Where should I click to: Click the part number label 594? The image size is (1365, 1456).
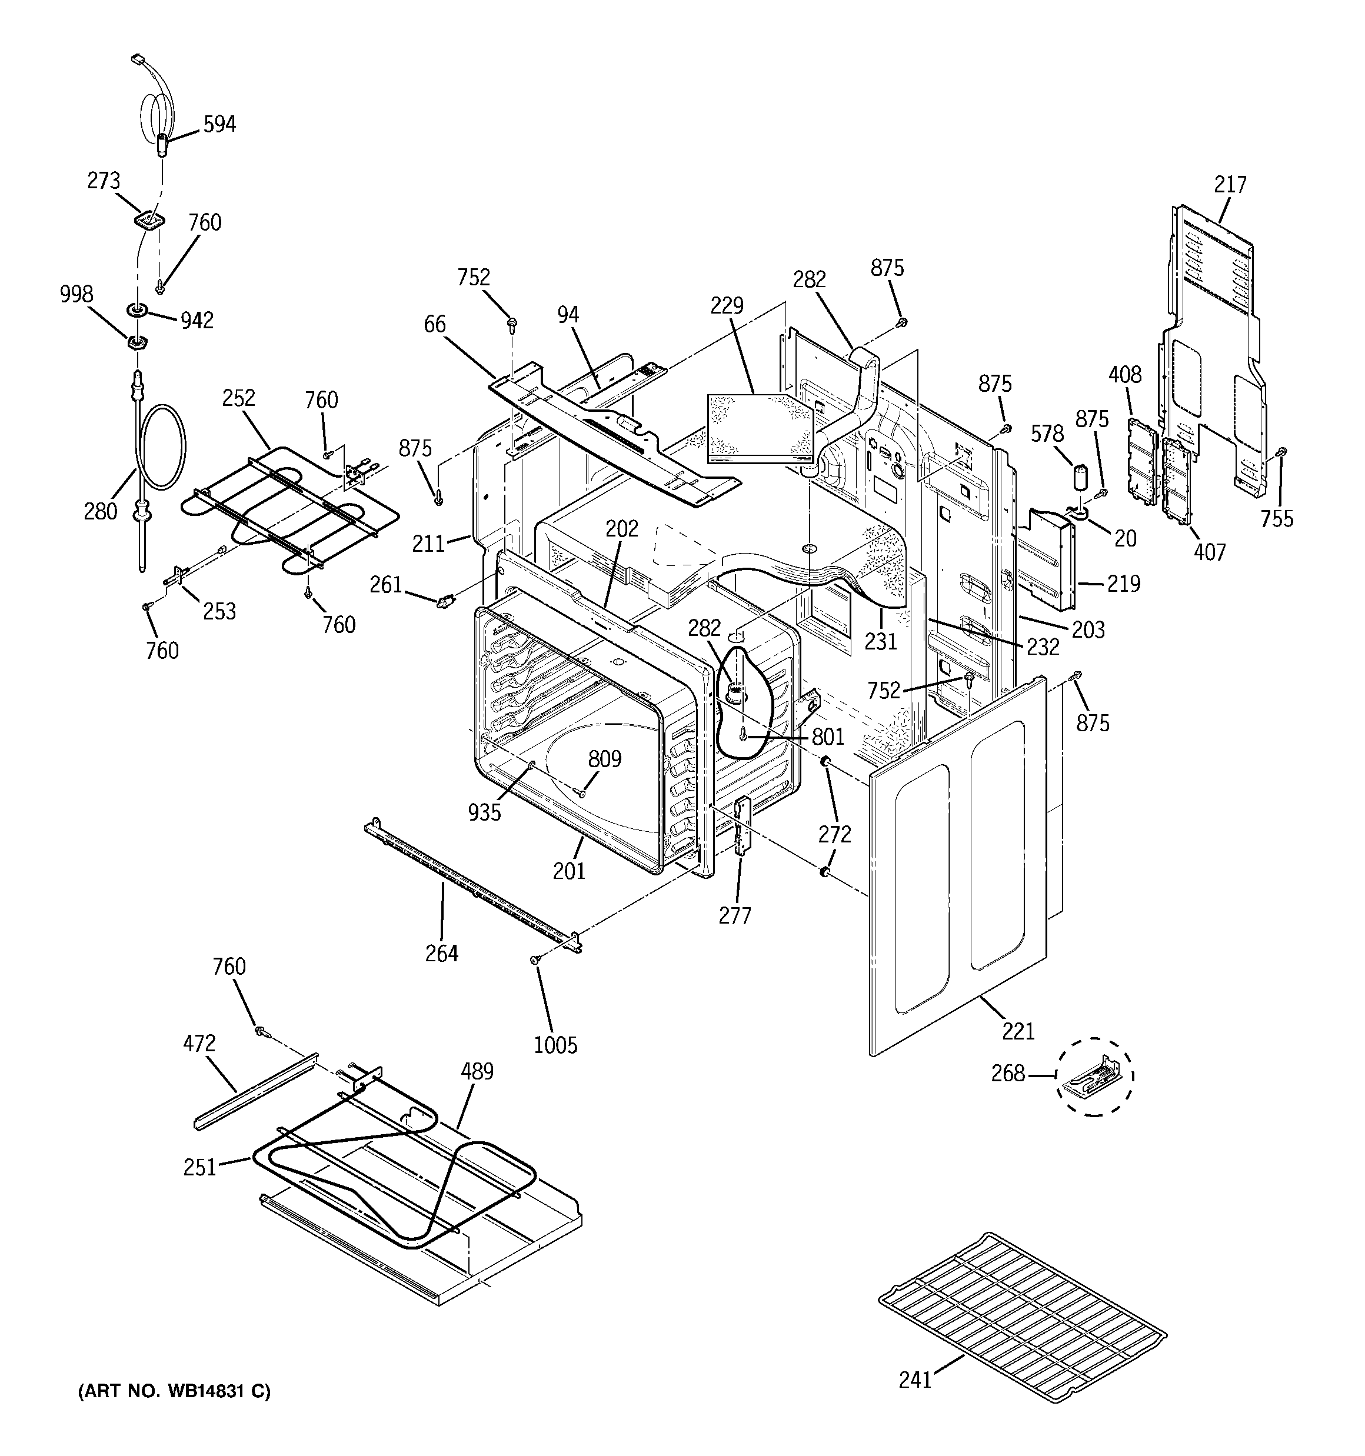point(219,125)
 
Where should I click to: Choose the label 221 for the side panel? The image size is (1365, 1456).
point(1018,1031)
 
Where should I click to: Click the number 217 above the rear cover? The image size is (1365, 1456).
point(1230,185)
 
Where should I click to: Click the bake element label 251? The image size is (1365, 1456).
point(200,1167)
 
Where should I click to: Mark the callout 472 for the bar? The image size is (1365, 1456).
point(199,1043)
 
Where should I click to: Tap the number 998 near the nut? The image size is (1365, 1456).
point(76,294)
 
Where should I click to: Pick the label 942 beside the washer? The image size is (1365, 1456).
point(197,320)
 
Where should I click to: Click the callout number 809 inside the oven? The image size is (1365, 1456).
point(604,759)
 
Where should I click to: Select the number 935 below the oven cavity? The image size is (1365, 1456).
point(485,812)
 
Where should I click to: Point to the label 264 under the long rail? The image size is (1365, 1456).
point(442,953)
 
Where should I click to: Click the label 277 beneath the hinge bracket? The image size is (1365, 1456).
point(735,915)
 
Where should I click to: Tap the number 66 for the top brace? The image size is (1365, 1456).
point(434,324)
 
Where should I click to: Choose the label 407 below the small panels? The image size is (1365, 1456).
point(1209,551)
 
